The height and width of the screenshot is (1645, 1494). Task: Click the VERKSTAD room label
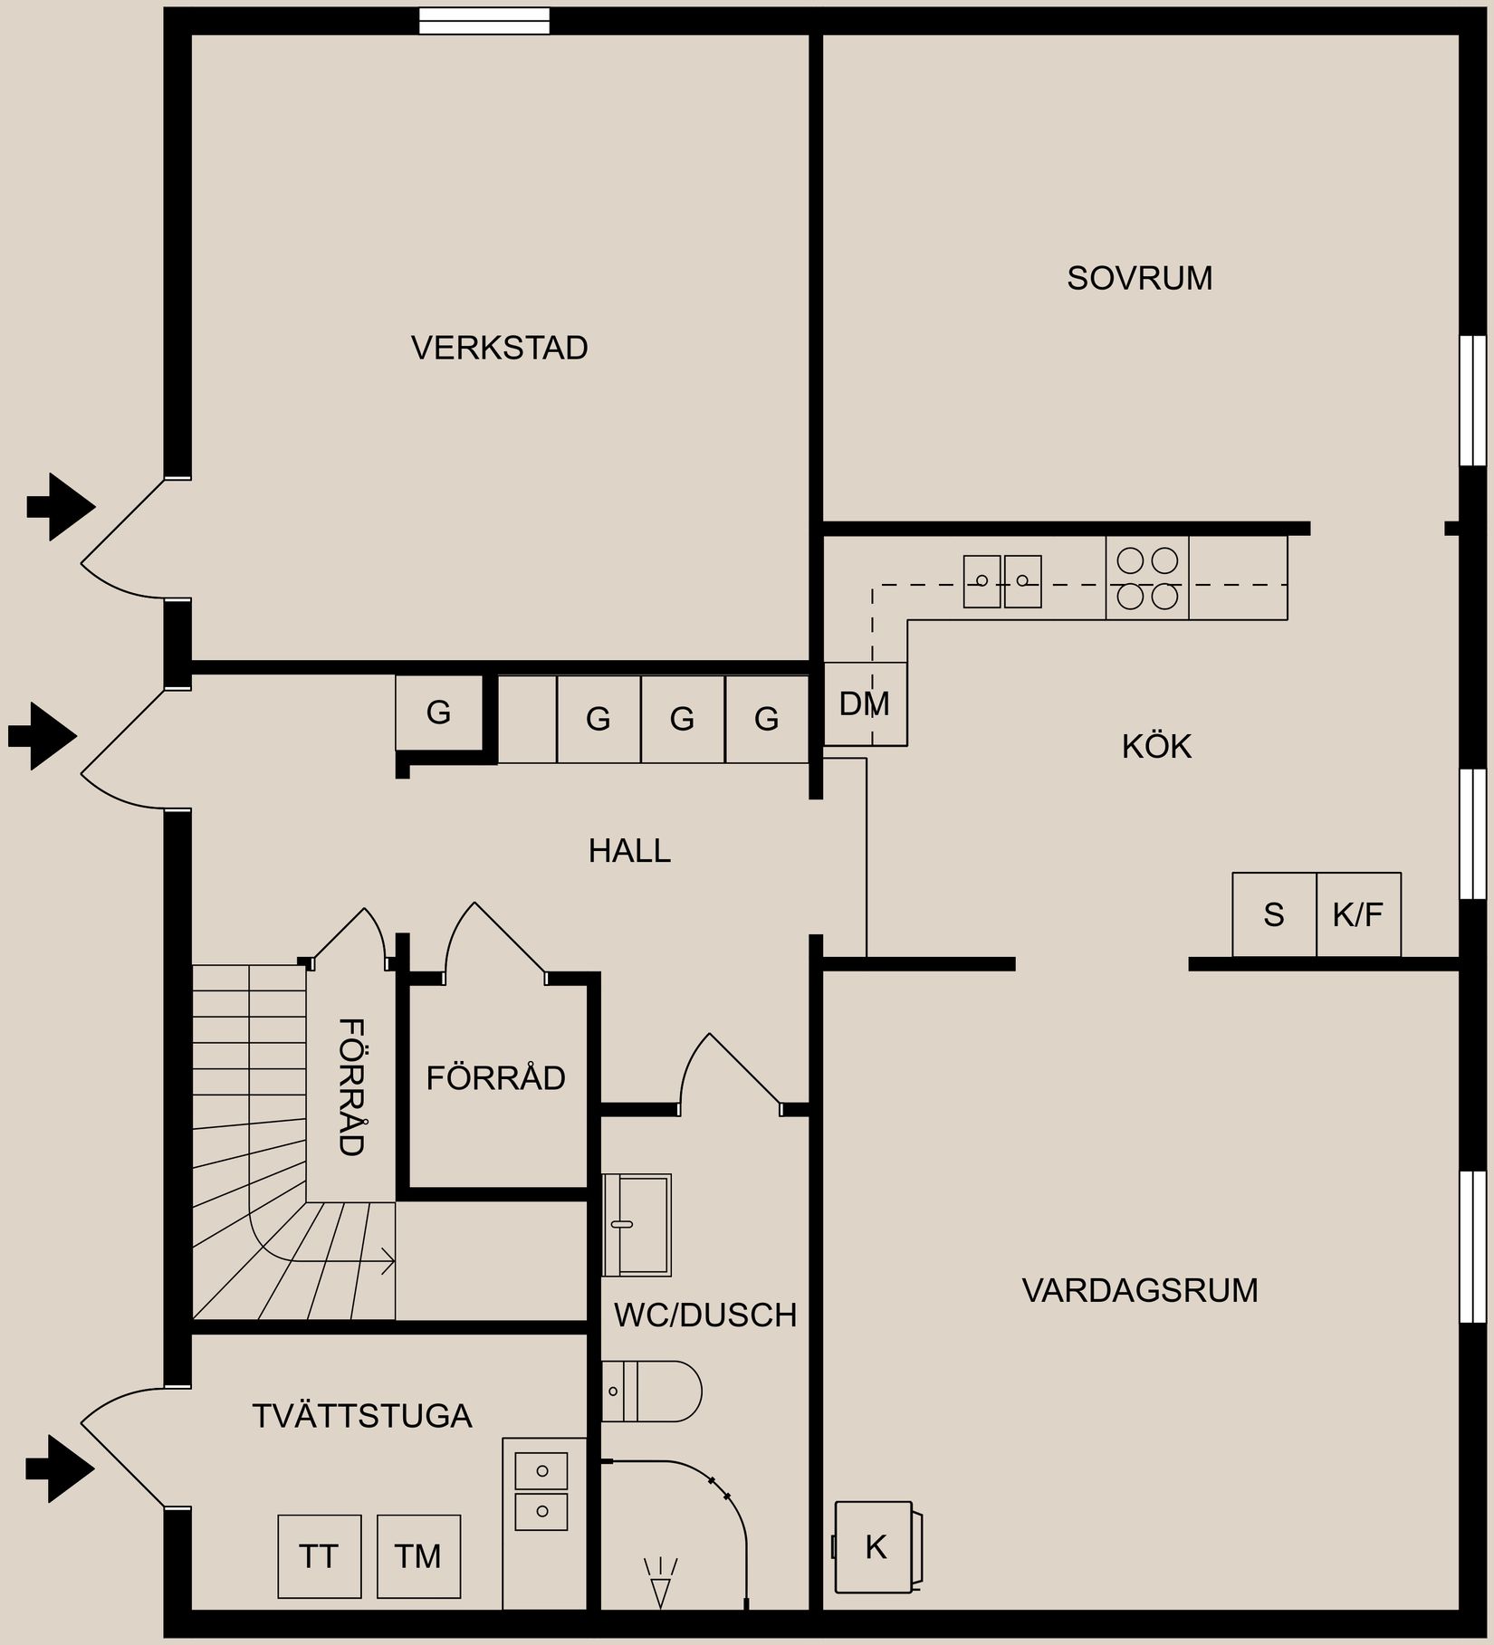[499, 348]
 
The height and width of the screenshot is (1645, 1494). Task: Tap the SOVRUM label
[1139, 278]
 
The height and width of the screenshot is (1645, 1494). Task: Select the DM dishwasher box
[865, 704]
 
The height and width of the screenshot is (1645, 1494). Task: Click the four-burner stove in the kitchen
[1146, 579]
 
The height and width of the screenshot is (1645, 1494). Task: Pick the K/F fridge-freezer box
[1358, 915]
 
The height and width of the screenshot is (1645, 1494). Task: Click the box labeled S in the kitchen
[1274, 915]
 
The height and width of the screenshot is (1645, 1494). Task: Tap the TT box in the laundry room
[319, 1556]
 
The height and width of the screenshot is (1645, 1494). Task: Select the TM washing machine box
[418, 1556]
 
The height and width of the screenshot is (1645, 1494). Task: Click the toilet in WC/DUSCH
[652, 1392]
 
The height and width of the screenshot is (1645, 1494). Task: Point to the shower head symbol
[661, 1582]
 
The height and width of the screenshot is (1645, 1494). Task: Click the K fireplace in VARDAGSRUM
[876, 1547]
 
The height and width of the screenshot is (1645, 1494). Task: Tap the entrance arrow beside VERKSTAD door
[60, 507]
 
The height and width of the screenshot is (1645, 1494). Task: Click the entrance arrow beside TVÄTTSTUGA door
[60, 1468]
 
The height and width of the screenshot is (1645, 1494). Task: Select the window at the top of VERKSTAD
[484, 20]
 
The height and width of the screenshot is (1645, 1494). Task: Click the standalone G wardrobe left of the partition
[439, 713]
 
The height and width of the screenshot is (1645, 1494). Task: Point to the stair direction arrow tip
[392, 1261]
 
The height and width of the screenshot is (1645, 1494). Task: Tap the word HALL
[629, 851]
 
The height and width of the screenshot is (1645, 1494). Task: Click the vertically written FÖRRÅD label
[351, 1086]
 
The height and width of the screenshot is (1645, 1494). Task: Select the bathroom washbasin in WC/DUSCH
[637, 1225]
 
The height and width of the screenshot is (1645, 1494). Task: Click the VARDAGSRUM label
[1139, 1290]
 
